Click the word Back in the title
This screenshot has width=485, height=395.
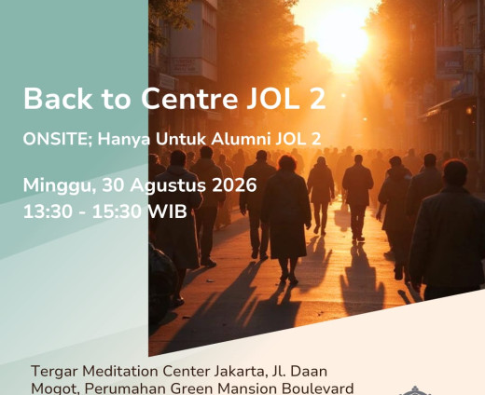[58, 99]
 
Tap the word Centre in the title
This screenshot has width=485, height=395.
[189, 99]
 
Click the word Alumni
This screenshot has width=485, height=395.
[241, 139]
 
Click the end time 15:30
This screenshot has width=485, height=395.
[118, 211]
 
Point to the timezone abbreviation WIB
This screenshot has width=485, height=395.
[167, 211]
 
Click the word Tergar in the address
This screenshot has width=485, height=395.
[54, 372]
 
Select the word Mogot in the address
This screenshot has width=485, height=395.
[55, 389]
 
